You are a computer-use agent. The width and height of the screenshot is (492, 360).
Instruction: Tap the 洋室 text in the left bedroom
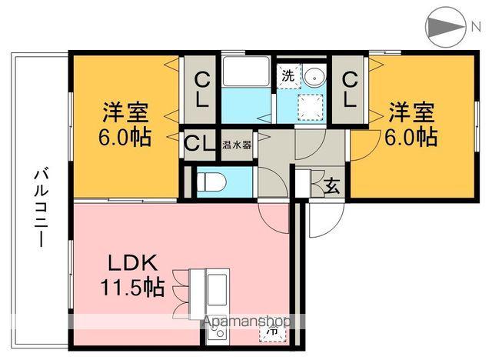click(125, 112)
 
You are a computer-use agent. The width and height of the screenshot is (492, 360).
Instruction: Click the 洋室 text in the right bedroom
click(411, 112)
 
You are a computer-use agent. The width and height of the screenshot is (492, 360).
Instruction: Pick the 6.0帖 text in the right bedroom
click(411, 138)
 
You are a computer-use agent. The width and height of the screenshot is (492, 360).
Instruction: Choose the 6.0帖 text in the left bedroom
click(125, 138)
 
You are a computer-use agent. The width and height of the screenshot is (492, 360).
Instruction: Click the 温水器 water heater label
click(237, 144)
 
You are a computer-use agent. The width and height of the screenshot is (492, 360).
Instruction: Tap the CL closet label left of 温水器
click(198, 144)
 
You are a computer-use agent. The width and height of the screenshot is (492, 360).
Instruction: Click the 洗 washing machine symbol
click(287, 77)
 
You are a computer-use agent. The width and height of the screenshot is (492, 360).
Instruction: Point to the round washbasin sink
click(314, 77)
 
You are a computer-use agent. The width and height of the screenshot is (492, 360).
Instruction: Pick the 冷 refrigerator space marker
click(274, 332)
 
